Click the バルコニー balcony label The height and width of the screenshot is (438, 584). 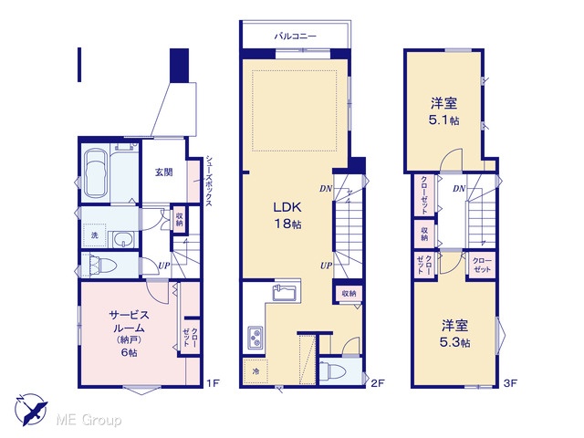pos(296,36)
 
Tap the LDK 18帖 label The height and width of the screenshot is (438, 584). pos(287,215)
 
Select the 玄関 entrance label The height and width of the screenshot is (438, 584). pos(164,172)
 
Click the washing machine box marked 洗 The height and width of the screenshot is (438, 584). pos(95,235)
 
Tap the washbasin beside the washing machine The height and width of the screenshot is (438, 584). pos(124,239)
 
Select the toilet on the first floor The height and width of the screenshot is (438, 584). pos(99,266)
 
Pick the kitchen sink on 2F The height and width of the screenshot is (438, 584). pos(285,292)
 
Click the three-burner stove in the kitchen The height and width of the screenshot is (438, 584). pos(255,338)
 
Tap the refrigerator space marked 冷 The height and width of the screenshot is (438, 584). pos(255,371)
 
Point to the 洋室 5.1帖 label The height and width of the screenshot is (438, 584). pos(444,111)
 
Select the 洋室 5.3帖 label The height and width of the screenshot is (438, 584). pos(454,334)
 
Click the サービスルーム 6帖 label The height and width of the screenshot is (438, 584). pos(129,334)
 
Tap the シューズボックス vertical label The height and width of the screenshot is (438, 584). pos(209,182)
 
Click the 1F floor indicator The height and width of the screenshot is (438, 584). pos(214,383)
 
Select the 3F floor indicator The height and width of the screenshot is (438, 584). pos(510,383)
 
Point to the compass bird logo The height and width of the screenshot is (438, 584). pos(32,410)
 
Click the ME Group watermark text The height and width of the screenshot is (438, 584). pos(89,421)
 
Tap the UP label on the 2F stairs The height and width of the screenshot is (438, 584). pos(326,266)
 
